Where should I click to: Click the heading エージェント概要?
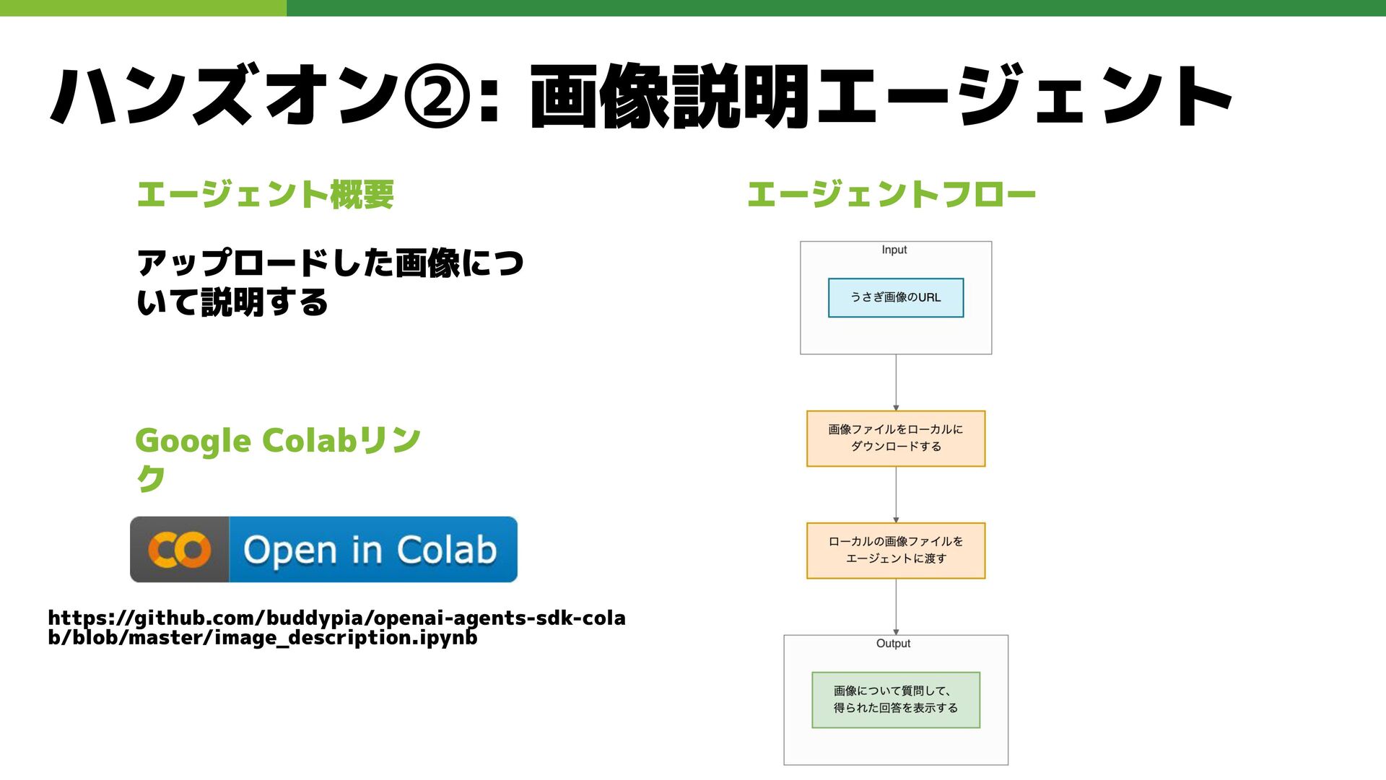pyautogui.click(x=265, y=194)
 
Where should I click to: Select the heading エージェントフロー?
pyautogui.click(x=892, y=194)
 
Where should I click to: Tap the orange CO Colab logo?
pyautogui.click(x=180, y=550)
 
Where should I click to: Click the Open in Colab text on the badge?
pyautogui.click(x=370, y=550)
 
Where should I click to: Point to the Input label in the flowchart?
pyautogui.click(x=894, y=250)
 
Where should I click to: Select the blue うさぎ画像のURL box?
pyautogui.click(x=896, y=297)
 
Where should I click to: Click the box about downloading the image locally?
pyautogui.click(x=896, y=438)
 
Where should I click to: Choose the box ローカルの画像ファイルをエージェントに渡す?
pyautogui.click(x=896, y=550)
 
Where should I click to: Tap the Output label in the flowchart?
pyautogui.click(x=893, y=643)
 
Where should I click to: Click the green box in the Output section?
pyautogui.click(x=896, y=699)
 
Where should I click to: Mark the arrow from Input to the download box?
pyautogui.click(x=896, y=382)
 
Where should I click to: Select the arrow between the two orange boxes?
pyautogui.click(x=896, y=494)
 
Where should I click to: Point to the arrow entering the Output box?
pyautogui.click(x=896, y=607)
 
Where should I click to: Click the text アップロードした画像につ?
pyautogui.click(x=330, y=262)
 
